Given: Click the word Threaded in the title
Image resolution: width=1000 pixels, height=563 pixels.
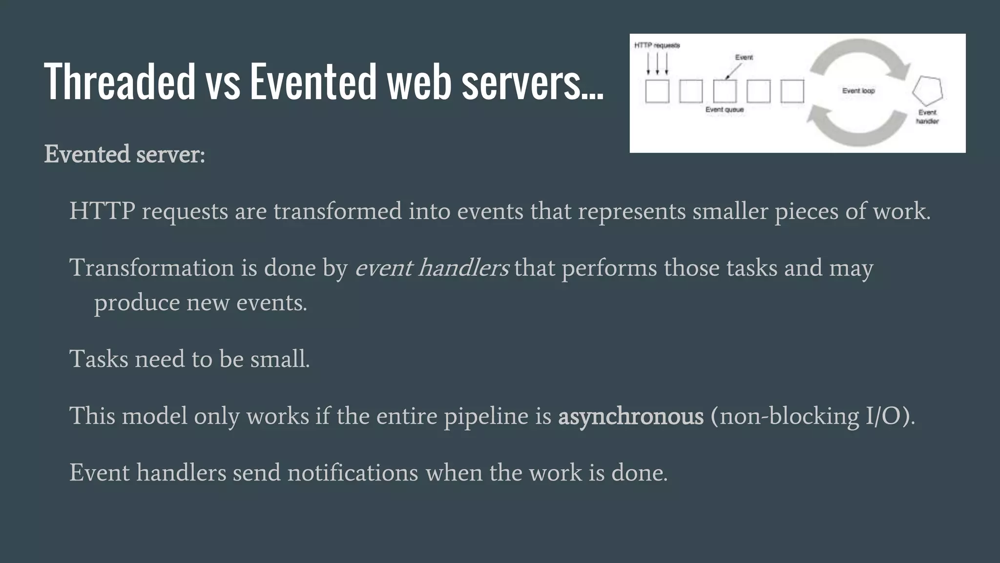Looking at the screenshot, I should click(x=120, y=81).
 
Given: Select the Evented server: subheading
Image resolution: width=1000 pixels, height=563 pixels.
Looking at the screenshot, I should click(x=125, y=154).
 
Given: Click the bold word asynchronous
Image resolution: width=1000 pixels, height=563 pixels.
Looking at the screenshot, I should click(x=630, y=416).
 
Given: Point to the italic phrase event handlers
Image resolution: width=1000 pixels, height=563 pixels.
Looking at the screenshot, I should click(x=432, y=268).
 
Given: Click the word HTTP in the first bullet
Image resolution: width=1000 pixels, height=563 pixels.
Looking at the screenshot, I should click(x=102, y=211).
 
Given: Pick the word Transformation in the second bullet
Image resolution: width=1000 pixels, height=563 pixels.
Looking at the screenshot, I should click(x=152, y=268).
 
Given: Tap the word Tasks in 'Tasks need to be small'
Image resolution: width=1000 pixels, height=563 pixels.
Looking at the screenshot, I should click(x=99, y=359).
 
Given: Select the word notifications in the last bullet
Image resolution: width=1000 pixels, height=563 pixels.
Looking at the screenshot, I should click(x=353, y=473).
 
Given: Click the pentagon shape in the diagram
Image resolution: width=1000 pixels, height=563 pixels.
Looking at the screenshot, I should click(x=927, y=91).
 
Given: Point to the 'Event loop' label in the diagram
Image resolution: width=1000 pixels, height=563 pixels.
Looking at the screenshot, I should click(x=858, y=91).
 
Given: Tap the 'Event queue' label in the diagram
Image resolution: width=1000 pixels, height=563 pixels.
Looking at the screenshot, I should click(x=724, y=110).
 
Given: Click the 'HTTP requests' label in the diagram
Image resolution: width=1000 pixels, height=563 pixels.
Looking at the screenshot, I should click(x=657, y=45).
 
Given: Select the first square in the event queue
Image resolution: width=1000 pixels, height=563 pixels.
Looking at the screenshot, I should click(x=657, y=91).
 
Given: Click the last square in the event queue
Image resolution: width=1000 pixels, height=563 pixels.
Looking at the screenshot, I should click(x=792, y=91).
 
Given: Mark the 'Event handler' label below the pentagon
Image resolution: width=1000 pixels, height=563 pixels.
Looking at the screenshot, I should click(x=927, y=117).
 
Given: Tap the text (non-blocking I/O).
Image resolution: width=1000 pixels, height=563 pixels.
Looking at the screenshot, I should click(x=812, y=416).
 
